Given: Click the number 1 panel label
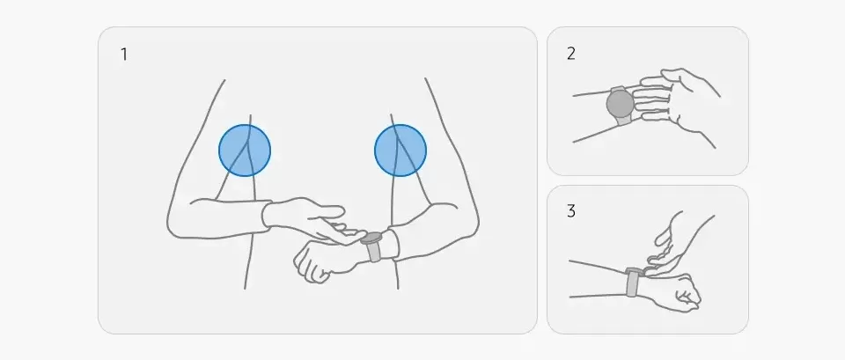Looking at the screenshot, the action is (124, 55).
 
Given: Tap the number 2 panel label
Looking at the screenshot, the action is (570, 54).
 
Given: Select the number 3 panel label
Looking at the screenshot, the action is (570, 211).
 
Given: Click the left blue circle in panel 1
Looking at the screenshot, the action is (245, 151).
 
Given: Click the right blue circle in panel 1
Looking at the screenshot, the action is (400, 151).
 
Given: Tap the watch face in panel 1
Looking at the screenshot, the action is (371, 238).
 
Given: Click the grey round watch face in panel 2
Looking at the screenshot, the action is (621, 104).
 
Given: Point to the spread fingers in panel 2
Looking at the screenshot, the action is (653, 97).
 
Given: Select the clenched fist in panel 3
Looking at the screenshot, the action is (675, 292).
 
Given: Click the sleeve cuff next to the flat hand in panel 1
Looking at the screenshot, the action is (266, 216).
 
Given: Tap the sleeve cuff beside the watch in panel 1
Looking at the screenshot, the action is (393, 245).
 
